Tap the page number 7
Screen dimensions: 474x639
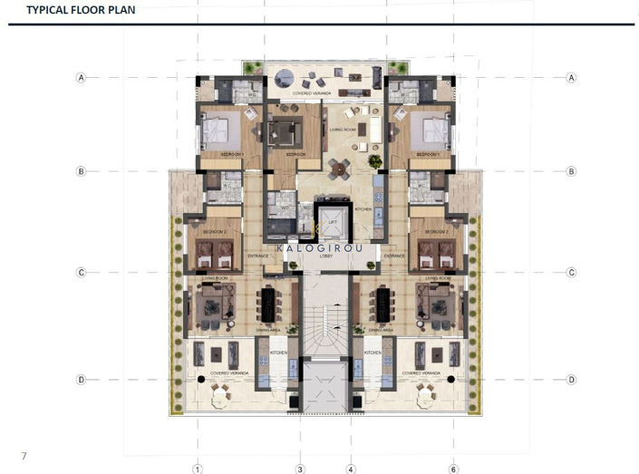(24, 452)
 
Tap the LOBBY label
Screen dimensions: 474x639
(326, 256)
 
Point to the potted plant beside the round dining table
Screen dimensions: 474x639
(373, 160)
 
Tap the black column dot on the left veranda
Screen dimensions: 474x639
(200, 378)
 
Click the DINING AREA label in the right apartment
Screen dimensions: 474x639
(381, 331)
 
